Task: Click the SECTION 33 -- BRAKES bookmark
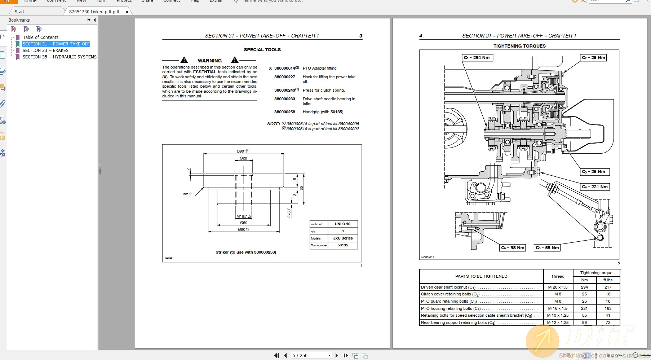[45, 51]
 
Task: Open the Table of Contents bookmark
[40, 38]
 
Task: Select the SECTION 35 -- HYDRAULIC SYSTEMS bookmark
[59, 57]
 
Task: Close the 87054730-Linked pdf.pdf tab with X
[127, 12]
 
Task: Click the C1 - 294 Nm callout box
[477, 58]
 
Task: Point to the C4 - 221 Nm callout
[595, 187]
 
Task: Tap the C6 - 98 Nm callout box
[513, 248]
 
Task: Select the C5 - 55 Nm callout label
[547, 248]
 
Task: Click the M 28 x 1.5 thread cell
[558, 287]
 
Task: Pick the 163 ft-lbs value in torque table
[608, 308]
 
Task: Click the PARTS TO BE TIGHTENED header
[481, 276]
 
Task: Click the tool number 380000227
[284, 77]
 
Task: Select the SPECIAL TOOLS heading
[262, 50]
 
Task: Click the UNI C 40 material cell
[342, 224]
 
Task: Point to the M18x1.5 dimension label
[244, 216]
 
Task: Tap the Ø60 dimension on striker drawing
[244, 223]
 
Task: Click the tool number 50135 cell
[342, 245]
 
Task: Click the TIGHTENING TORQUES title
[519, 46]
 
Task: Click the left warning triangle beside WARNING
[184, 60]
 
